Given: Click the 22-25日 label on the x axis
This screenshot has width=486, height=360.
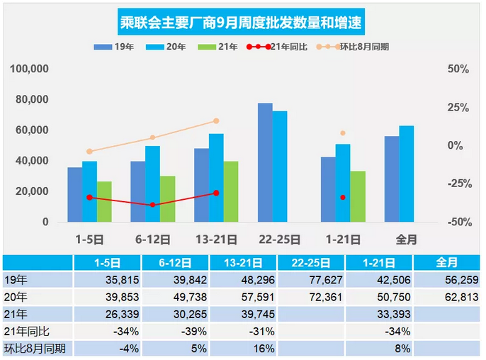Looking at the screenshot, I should coord(279,239).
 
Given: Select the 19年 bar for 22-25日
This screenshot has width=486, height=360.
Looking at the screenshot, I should coord(265,162).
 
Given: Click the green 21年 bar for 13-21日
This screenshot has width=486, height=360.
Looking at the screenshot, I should coord(231,191).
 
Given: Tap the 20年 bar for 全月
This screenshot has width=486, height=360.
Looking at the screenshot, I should coord(406,174).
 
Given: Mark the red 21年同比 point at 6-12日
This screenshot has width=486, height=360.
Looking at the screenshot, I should coord(153,205).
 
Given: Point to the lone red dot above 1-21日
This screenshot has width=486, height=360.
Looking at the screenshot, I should coord(343,197).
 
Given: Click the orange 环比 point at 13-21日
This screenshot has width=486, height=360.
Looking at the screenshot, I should coord(216,121).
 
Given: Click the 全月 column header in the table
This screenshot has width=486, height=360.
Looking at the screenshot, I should coord(447,262).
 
